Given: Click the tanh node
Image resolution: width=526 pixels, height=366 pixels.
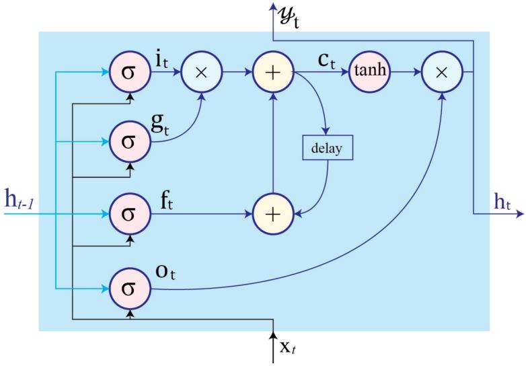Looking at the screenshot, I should point(369,71).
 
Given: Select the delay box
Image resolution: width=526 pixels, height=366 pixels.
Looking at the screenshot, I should point(327,148).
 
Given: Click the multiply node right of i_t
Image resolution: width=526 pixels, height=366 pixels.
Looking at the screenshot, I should point(200,71).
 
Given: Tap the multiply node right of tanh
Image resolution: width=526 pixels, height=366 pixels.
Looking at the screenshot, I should point(441,71).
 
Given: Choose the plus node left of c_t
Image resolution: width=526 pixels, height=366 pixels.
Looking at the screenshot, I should point(273,71).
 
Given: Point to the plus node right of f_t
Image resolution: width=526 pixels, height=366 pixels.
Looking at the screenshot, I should point(273,215).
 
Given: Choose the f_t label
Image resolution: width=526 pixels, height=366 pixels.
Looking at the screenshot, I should point(165,200).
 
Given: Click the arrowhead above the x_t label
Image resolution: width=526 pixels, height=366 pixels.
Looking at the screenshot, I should point(273,334).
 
